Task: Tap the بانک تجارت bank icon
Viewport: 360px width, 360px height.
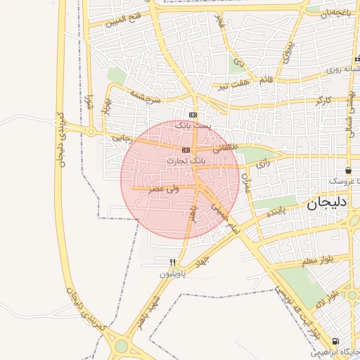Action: click(x=186, y=150)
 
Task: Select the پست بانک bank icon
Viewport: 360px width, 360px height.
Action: click(x=193, y=115)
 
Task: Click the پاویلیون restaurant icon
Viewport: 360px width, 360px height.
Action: click(x=172, y=262)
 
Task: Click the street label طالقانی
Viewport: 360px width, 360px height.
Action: click(x=226, y=148)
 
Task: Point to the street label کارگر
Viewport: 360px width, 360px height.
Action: click(x=324, y=101)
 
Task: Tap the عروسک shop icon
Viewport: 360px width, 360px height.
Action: click(x=349, y=171)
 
